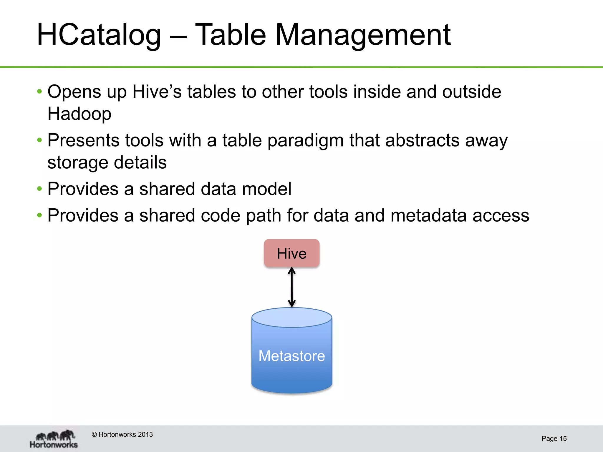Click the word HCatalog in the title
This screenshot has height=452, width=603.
pos(99,35)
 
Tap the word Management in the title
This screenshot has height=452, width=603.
pos(362,35)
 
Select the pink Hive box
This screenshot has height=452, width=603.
pos(291,253)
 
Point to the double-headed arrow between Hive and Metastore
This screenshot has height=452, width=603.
pos(292,287)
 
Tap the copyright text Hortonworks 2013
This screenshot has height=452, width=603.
pos(122,434)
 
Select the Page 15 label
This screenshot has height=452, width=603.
pos(554,438)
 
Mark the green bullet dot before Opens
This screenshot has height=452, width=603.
pos(39,92)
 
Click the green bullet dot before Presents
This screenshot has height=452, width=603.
pos(39,140)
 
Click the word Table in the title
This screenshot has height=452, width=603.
pos(231,35)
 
